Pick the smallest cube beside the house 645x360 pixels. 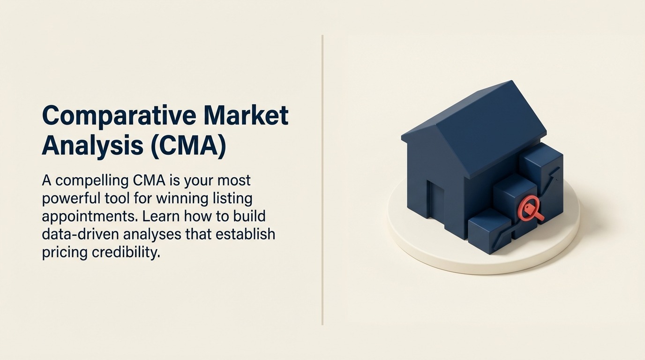point(488,231)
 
